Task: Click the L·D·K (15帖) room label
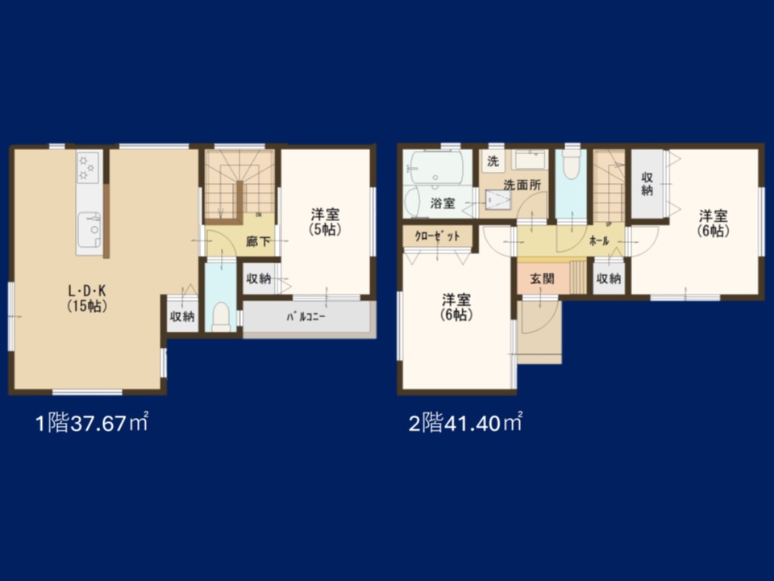pos(87,299)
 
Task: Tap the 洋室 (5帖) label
pos(325,223)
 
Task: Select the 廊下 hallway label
pos(258,241)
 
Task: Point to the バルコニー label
pos(306,316)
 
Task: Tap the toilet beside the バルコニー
pos(221,317)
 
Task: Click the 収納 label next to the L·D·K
pos(182,316)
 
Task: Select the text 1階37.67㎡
pos(92,423)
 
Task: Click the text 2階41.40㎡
pos(465,423)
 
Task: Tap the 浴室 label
pos(443,203)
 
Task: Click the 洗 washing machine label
pos(493,161)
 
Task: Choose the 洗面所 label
pos(522,186)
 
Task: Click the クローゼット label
pos(437,236)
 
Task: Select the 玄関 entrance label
pos(542,278)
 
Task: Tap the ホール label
pos(599,241)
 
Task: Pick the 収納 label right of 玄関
pos(608,278)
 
